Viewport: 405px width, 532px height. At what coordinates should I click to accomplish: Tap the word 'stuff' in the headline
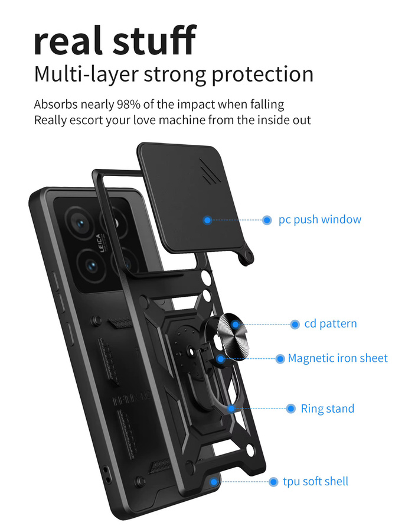coord(155,40)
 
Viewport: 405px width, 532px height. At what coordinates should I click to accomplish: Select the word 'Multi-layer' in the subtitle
coord(86,74)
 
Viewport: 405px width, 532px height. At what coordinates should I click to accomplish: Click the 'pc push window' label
coord(319,220)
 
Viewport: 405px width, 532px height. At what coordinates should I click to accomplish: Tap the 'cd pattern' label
coord(331,324)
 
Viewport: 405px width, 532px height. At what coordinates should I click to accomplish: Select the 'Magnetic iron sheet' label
coord(338,358)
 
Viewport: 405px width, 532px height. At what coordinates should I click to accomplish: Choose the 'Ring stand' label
coord(328,408)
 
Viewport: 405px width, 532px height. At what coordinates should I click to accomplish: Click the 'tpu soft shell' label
coord(315,481)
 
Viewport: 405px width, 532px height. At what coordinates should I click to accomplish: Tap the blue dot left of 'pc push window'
coord(267,220)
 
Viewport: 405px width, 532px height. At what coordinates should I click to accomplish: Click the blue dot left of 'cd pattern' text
coord(295,325)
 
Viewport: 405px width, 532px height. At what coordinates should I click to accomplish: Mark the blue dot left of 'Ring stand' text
coord(291,408)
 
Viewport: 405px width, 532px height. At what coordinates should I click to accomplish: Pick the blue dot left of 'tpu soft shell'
coord(273,482)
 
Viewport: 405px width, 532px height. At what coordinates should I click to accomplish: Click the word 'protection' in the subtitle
coord(263,74)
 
